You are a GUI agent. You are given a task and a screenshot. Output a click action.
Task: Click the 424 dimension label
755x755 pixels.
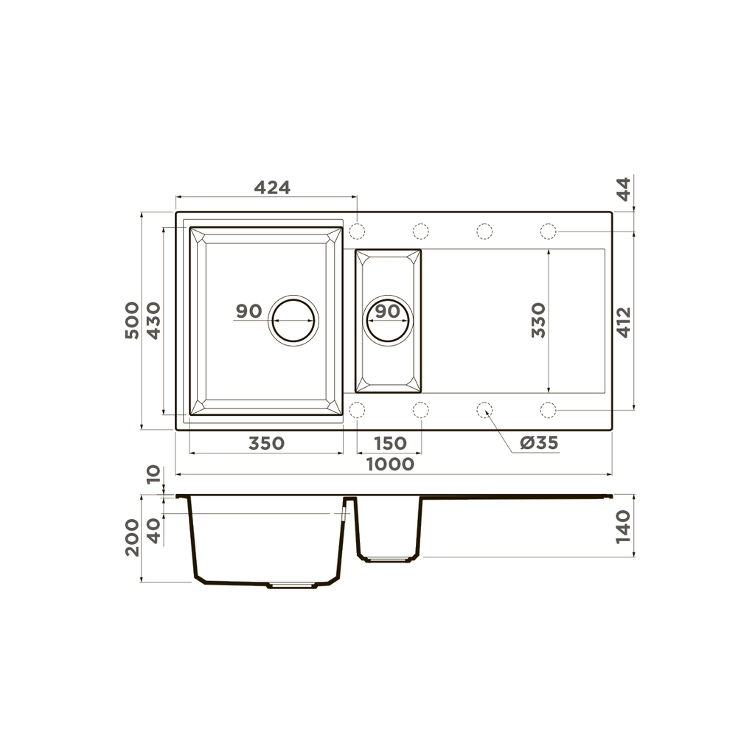[x=272, y=187]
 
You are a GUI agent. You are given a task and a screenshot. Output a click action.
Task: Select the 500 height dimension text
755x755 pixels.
[x=132, y=320]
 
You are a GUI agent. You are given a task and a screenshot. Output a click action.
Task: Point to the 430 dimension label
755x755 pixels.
[x=153, y=320]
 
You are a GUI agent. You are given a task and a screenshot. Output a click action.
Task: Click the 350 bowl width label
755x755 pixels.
[x=265, y=444]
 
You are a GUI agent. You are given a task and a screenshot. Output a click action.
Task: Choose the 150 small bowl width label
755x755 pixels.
[x=389, y=444]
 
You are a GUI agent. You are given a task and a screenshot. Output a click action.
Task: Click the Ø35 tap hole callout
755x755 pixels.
[x=538, y=443]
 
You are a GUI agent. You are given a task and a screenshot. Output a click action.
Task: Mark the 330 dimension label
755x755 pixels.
[x=539, y=319]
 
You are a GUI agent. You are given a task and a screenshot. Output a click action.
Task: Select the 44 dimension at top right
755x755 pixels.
[x=624, y=190]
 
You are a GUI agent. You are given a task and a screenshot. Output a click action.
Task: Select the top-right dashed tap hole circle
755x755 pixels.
[x=548, y=232]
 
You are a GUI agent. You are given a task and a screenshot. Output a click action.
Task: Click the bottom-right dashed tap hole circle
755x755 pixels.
[x=548, y=409]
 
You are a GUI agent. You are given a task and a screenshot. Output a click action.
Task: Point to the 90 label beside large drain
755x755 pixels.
[x=249, y=311]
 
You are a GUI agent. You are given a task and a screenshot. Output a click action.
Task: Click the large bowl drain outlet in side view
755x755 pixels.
[x=293, y=585]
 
